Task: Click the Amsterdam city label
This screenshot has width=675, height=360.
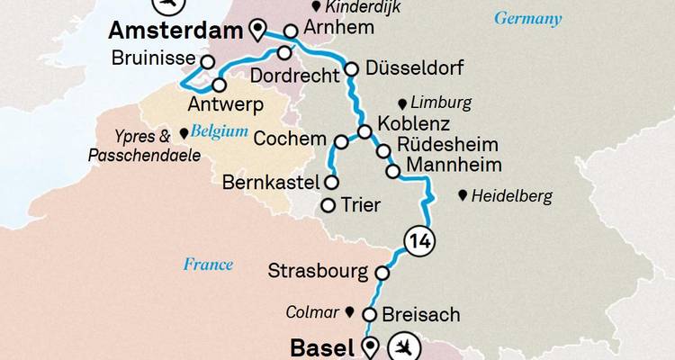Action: (x=175, y=31)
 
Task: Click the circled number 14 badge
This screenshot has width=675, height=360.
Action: (x=416, y=240)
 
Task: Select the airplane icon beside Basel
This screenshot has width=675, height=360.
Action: (x=403, y=347)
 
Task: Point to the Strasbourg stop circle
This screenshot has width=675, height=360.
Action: (x=382, y=273)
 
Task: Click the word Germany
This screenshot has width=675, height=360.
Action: (x=528, y=19)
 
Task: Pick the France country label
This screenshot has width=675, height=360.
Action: (x=208, y=265)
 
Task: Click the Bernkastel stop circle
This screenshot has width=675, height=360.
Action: (x=331, y=183)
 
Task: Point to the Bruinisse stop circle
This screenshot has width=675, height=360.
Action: (x=208, y=63)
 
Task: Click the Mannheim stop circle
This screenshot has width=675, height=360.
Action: (x=392, y=170)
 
